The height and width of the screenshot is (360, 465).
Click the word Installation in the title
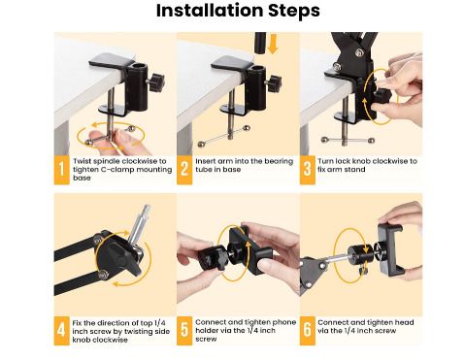[x=210, y=11]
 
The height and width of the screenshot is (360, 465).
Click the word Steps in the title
[x=294, y=12]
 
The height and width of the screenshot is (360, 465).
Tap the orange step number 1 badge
[x=61, y=170]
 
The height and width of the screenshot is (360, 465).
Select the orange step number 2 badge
[x=184, y=170]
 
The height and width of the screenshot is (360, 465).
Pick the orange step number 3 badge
[x=308, y=170]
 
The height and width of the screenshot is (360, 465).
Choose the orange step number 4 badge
[x=61, y=331]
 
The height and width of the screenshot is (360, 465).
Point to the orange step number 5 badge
[x=184, y=331]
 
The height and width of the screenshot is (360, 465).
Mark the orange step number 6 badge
[x=308, y=331]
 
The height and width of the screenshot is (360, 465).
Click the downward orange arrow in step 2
[x=273, y=44]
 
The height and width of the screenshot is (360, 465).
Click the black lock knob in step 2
[x=274, y=83]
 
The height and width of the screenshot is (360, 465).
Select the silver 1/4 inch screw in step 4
[x=140, y=224]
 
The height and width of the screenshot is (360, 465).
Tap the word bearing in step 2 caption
[x=279, y=161]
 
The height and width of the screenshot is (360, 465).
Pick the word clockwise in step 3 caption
[x=390, y=161]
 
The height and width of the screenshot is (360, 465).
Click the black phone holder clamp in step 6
[x=389, y=247]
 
